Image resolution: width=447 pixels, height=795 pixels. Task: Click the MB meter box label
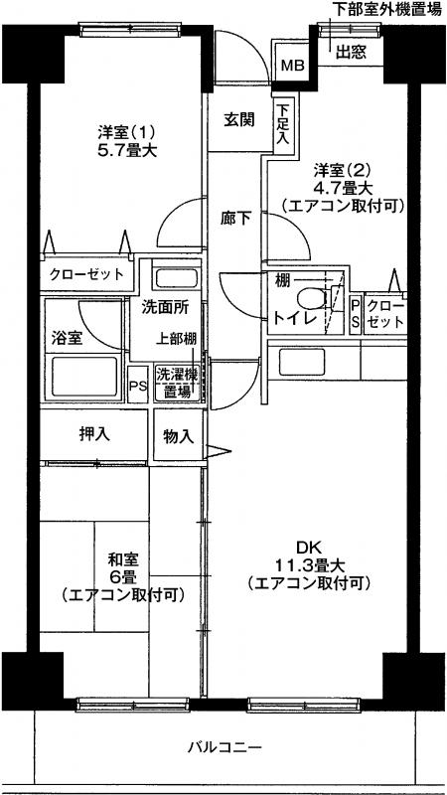pos(292,65)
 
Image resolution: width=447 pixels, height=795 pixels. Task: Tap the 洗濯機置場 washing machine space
pos(177,384)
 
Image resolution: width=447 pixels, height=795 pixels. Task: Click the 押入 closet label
pos(94,433)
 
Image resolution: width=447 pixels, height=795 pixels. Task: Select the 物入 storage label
pos(179,436)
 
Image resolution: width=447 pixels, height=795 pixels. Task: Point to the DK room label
pos(310,548)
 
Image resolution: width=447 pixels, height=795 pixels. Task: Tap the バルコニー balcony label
pos(224,747)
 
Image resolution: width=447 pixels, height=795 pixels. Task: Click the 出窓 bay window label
pos(351,53)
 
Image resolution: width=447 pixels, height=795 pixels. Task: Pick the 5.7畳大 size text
pos(127,150)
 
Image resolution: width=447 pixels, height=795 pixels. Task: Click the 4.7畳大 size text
pos(343,188)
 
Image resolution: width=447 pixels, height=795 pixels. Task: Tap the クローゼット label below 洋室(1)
pos(86,275)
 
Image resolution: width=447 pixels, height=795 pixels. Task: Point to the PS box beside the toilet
pos(356,314)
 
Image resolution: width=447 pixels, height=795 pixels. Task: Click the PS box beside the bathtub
pos(137,386)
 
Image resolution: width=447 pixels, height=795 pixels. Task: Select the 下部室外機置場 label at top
pos(386,9)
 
